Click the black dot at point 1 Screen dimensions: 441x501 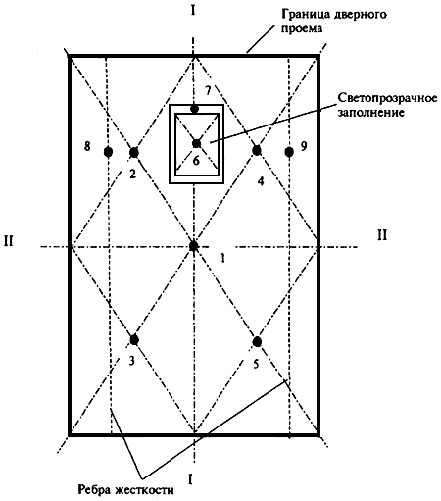point(194,246)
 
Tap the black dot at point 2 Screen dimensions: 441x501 point(134,152)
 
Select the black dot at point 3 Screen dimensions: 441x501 point(134,340)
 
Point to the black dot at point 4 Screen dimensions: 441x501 point(257,150)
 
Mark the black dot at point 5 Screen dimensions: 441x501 point(257,341)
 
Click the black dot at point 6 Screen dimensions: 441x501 point(196,143)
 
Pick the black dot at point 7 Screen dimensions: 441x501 point(194,109)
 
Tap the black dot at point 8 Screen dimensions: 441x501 point(108,152)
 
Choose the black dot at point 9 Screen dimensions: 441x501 point(289,152)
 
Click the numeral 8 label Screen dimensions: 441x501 point(87,146)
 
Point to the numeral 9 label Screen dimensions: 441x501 point(304,146)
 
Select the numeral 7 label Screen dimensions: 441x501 point(208,90)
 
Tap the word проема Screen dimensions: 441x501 point(302,28)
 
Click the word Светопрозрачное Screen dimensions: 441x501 point(387,98)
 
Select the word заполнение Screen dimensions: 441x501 point(371,113)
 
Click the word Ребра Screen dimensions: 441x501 point(95,490)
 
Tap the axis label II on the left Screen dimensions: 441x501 point(9,241)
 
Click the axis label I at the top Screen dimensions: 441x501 point(193,11)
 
